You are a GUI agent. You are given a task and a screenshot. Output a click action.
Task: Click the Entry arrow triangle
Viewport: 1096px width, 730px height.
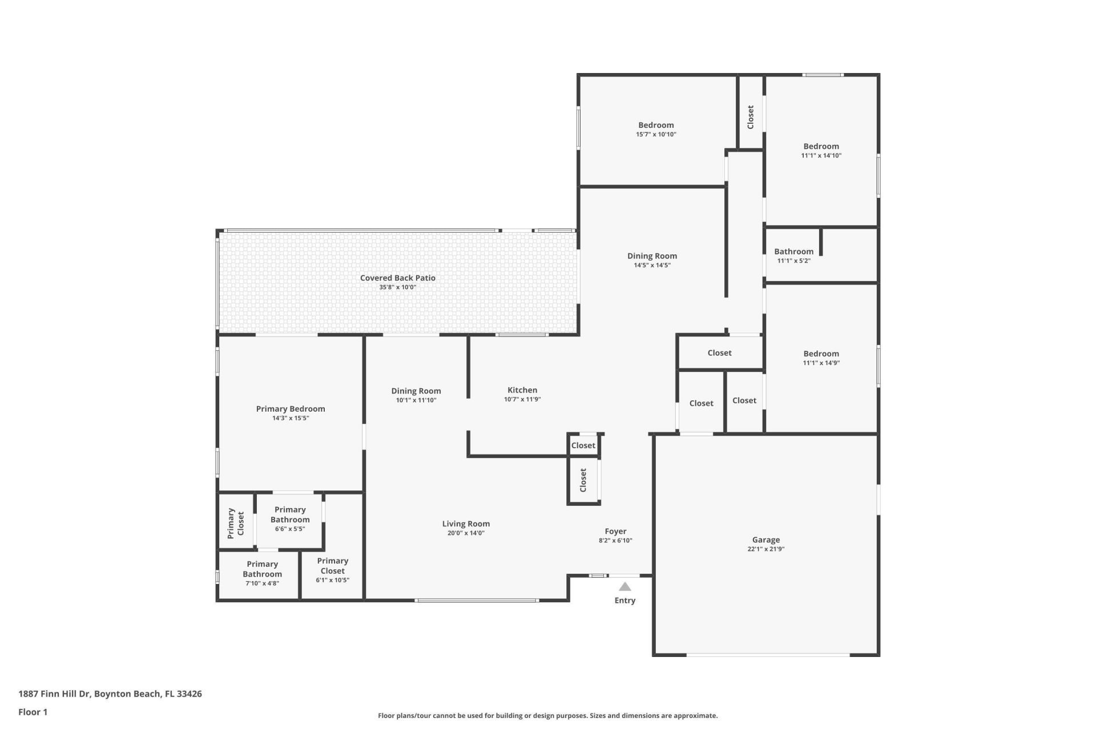point(625,587)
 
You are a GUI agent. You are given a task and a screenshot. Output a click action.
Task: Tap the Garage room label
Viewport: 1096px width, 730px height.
point(765,540)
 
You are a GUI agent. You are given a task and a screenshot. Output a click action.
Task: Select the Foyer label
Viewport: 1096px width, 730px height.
point(615,531)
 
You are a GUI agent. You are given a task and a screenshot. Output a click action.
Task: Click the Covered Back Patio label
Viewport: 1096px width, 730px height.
point(397,278)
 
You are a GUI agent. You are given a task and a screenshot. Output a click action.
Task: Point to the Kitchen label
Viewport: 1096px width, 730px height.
point(522,390)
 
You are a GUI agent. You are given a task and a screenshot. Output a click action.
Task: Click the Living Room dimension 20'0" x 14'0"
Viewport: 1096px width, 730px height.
point(466,533)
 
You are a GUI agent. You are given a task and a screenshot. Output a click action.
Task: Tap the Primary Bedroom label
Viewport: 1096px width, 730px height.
point(290,409)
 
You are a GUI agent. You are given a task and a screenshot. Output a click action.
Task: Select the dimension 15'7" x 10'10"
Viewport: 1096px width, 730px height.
point(656,135)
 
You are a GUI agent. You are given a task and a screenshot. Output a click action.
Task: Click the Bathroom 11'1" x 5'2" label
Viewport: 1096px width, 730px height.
point(793,252)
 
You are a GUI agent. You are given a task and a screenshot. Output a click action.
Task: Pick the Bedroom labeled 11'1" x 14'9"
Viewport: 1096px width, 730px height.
point(821,354)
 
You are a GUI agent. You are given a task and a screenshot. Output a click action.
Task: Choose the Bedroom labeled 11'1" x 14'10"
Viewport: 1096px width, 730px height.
point(821,146)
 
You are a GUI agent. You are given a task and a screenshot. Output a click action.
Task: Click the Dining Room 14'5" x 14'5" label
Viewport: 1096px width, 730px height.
point(652,256)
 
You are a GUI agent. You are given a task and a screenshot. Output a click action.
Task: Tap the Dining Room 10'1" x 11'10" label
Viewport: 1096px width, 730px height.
point(416,391)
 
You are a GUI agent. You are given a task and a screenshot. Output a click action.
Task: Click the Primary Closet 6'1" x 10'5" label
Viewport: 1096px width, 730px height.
point(332,566)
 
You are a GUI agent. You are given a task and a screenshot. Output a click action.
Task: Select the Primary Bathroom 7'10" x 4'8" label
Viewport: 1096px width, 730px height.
point(262,569)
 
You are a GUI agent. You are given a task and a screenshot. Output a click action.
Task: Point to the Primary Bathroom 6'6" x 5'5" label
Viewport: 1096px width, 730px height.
point(290,514)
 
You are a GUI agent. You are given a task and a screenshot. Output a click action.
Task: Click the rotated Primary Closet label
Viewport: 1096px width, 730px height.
point(236,523)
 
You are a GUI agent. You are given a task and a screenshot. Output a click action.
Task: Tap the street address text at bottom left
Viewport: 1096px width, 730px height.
point(110,694)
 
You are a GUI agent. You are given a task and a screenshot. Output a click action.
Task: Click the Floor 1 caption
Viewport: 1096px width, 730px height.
point(33,712)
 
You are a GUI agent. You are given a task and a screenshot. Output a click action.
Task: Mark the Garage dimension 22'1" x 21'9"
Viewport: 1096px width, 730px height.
point(765,549)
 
